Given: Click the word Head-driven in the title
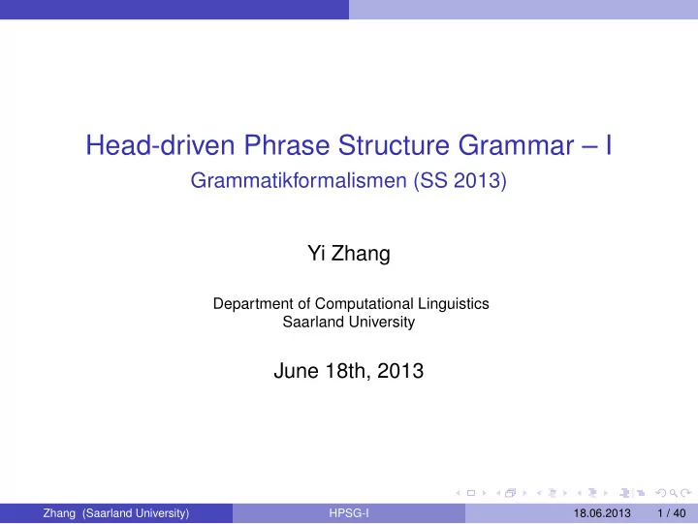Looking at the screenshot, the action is pyautogui.click(x=160, y=145).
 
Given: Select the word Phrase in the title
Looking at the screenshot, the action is pyautogui.click(x=287, y=145).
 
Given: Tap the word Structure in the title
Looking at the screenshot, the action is pyautogui.click(x=394, y=145).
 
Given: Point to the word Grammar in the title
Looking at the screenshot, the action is pyautogui.click(x=516, y=146).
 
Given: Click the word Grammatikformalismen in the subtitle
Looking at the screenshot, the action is pyautogui.click(x=299, y=180).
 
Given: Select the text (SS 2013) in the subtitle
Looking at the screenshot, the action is pyautogui.click(x=460, y=181).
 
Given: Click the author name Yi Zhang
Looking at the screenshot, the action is pyautogui.click(x=349, y=254).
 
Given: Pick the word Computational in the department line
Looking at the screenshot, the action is pyautogui.click(x=365, y=304).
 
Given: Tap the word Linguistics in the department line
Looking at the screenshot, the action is pyautogui.click(x=453, y=304).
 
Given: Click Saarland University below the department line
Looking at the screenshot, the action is pyautogui.click(x=349, y=322).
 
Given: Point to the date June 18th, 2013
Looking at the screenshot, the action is pyautogui.click(x=349, y=371).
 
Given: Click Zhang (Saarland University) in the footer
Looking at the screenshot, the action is pyautogui.click(x=115, y=513).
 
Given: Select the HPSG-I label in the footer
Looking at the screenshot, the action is pyautogui.click(x=349, y=513).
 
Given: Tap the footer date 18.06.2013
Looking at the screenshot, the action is pyautogui.click(x=602, y=513).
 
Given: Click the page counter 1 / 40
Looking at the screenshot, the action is pyautogui.click(x=671, y=513).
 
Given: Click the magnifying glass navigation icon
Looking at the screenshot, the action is pyautogui.click(x=673, y=493).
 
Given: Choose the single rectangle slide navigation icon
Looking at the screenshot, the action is pyautogui.click(x=471, y=493).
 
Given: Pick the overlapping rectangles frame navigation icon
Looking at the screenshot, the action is pyautogui.click(x=511, y=493).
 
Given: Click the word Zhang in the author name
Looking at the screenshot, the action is pyautogui.click(x=361, y=254).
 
